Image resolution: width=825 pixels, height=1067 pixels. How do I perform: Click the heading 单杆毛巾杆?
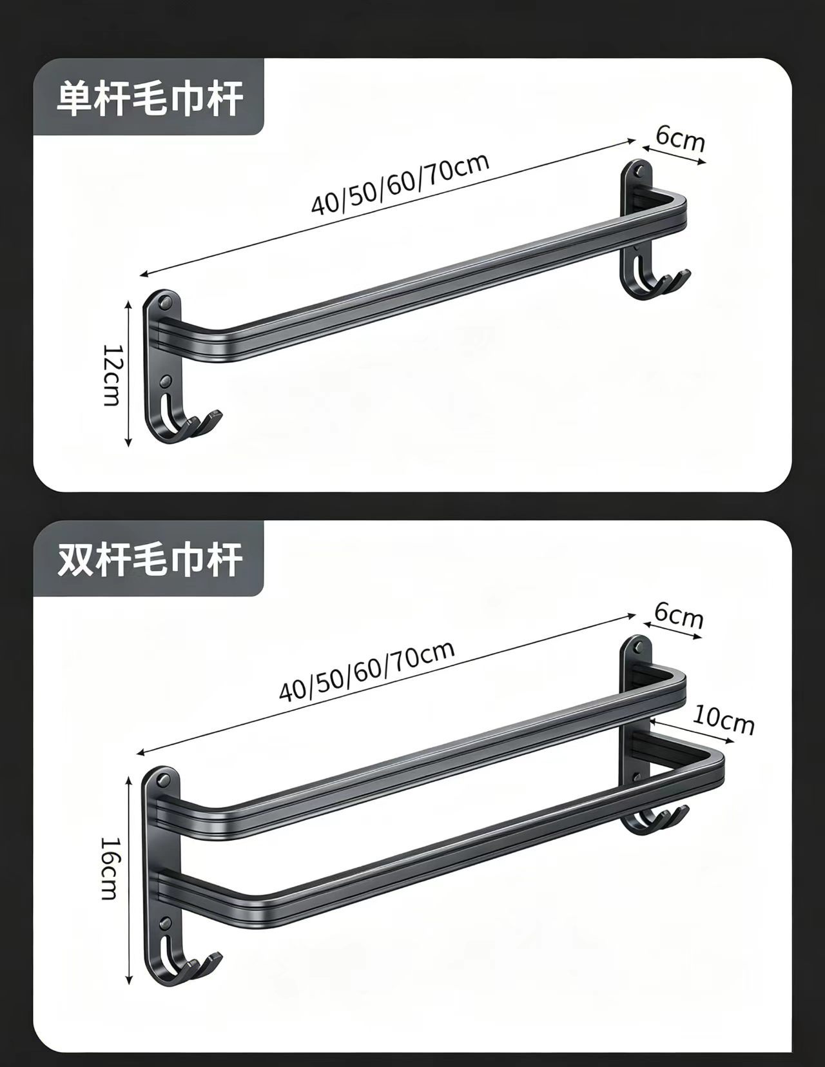[150, 99]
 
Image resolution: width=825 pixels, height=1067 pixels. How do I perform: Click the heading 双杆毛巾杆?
[150, 559]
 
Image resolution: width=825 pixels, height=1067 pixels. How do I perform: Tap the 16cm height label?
[109, 868]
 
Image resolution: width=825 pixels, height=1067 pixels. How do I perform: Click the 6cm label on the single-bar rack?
[680, 139]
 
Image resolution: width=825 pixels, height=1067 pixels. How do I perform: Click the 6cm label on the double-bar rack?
[678, 616]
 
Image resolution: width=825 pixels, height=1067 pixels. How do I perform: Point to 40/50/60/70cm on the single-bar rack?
[400, 184]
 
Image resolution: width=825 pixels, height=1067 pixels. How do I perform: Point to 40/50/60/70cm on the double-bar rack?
[367, 671]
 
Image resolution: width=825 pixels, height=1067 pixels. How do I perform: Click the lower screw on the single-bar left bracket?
[166, 380]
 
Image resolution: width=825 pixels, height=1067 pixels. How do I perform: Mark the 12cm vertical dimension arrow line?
[129, 374]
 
